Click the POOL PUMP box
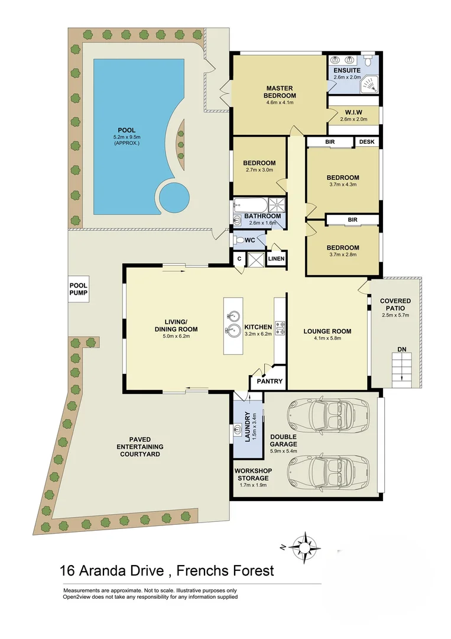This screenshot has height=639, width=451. pyautogui.click(x=78, y=289)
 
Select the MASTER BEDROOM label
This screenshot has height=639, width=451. pyautogui.click(x=280, y=92)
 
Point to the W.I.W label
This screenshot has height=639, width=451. pyautogui.click(x=353, y=112)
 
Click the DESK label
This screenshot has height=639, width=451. pyautogui.click(x=366, y=142)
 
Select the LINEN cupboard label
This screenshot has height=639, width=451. pyautogui.click(x=276, y=259)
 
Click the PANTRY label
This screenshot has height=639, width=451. pyautogui.click(x=269, y=382)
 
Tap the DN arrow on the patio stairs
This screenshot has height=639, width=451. pyautogui.click(x=401, y=367)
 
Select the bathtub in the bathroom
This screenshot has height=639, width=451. pyautogui.click(x=249, y=205)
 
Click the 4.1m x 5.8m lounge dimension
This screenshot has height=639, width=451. pyautogui.click(x=327, y=339)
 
